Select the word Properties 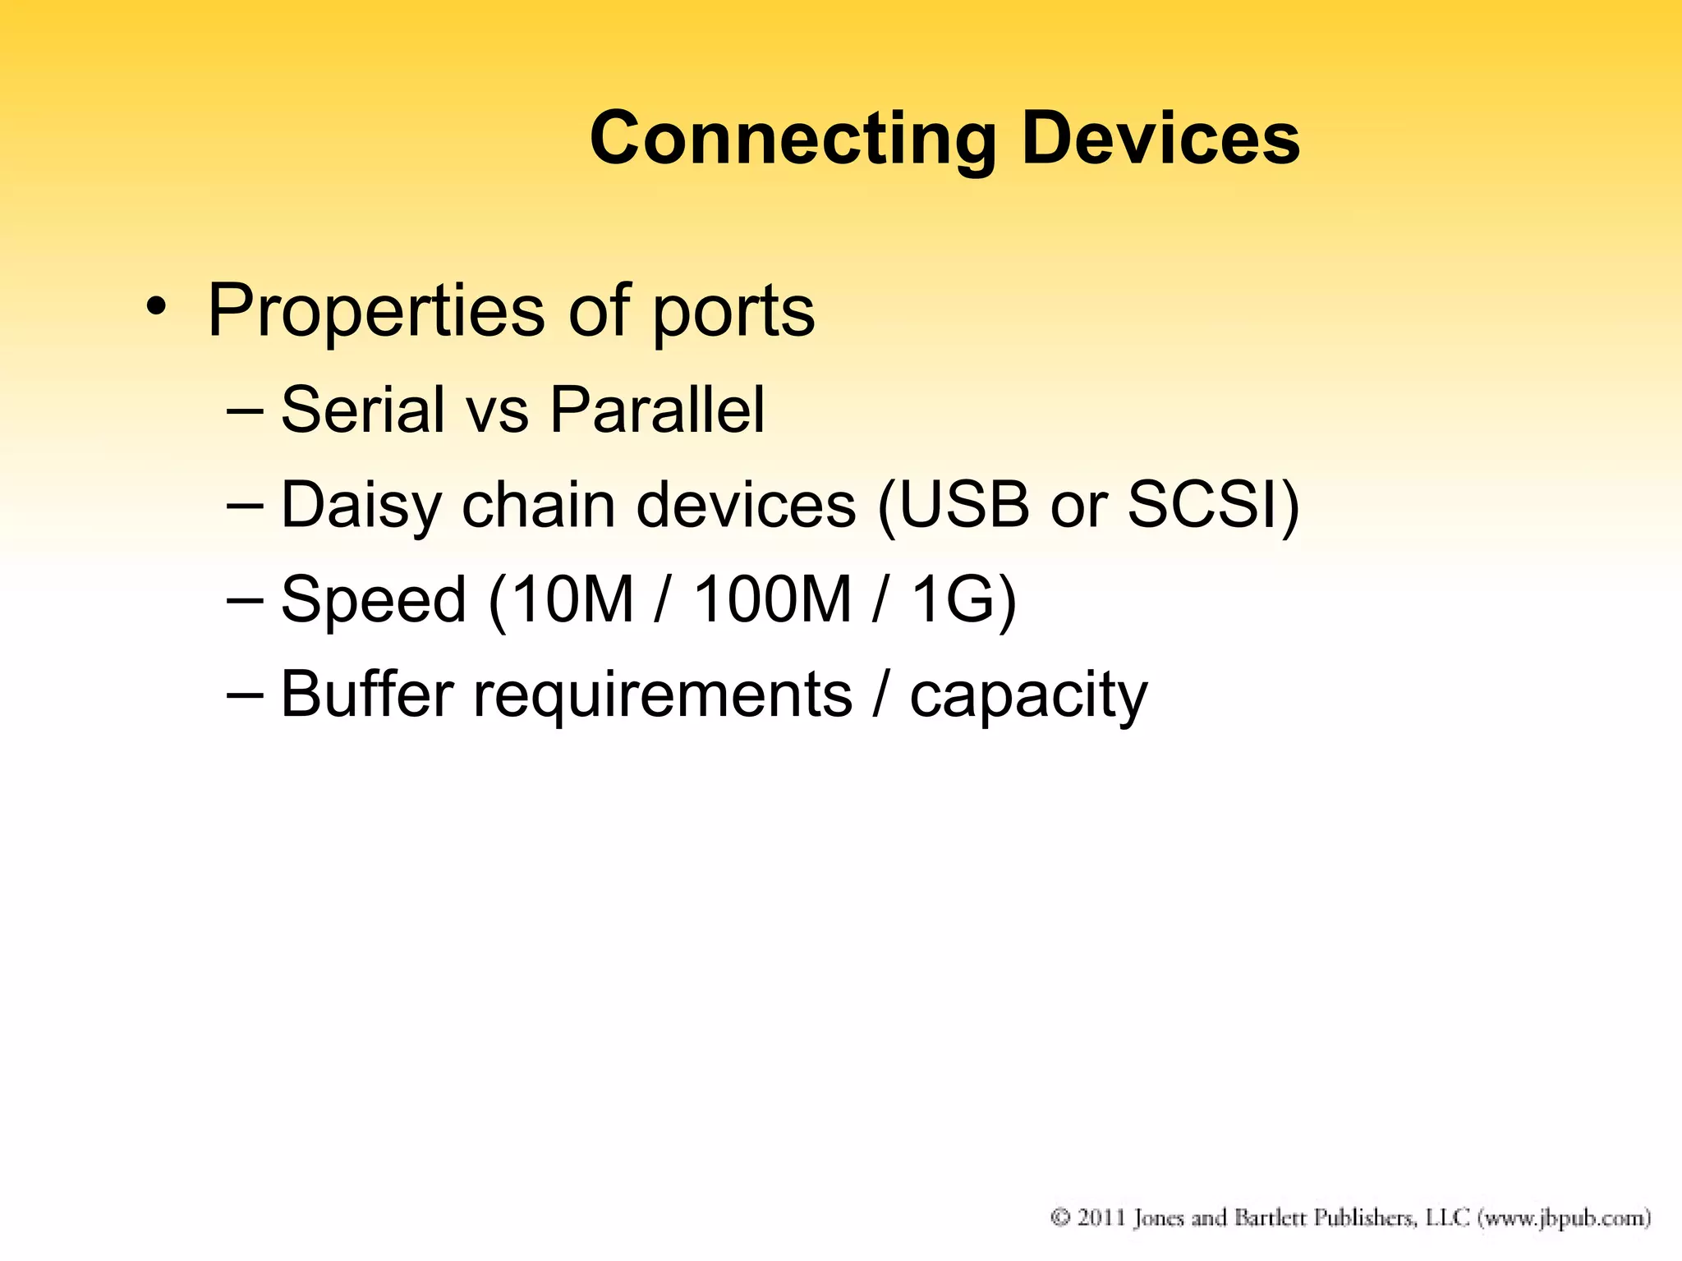[376, 312]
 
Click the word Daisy [361, 506]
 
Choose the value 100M [773, 599]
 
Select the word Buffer [366, 694]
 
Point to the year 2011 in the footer [1101, 1217]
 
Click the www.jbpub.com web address [1564, 1218]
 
